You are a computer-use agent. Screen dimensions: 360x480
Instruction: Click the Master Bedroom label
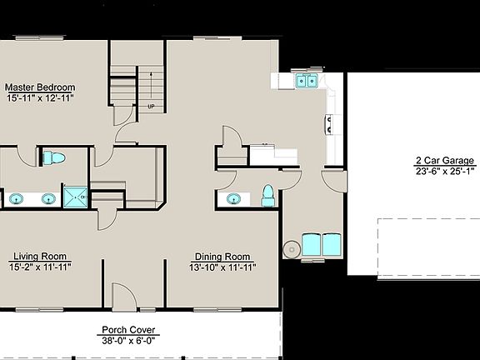coord(40,87)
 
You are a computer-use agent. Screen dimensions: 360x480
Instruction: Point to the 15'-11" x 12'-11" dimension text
coord(40,97)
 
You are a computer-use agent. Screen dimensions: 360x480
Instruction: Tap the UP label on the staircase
coord(151,107)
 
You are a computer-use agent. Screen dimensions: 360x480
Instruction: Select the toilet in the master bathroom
coord(54,157)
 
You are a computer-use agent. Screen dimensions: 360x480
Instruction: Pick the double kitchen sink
coord(305,81)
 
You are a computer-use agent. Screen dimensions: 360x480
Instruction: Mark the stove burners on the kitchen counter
coord(329,124)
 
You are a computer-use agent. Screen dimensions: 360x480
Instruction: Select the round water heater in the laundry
coord(291,248)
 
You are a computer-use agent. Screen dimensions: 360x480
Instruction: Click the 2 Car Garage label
coord(445,161)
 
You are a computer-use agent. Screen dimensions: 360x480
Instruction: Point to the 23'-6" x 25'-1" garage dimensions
coord(445,172)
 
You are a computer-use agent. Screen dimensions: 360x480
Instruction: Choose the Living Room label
coord(40,257)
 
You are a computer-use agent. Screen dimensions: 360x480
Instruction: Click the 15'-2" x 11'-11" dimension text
coord(40,267)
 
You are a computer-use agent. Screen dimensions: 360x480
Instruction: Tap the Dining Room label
coord(222,257)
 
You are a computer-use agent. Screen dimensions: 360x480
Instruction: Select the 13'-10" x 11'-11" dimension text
coord(222,267)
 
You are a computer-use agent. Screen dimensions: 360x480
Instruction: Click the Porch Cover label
coord(129,329)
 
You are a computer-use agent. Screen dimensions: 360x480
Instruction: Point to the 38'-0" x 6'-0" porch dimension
coord(129,340)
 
